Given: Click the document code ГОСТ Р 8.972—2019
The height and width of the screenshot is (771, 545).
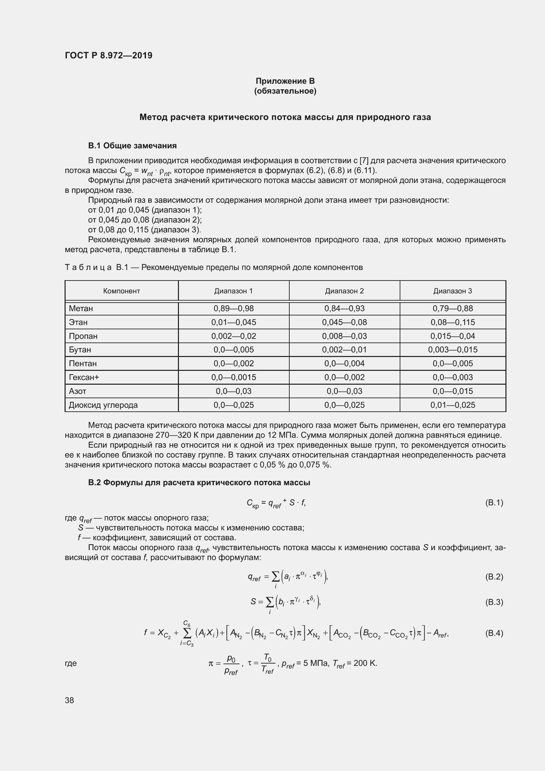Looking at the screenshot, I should [x=108, y=55].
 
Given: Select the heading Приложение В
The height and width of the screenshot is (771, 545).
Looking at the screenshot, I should [x=285, y=81].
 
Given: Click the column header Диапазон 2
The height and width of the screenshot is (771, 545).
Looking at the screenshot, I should [x=344, y=291].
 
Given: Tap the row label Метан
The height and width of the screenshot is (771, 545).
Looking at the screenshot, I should [x=81, y=308].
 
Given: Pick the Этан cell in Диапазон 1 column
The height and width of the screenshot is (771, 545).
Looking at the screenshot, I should [x=234, y=322].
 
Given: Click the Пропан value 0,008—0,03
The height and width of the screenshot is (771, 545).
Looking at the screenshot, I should [x=344, y=336].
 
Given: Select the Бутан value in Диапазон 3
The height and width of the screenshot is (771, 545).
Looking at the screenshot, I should [x=452, y=349].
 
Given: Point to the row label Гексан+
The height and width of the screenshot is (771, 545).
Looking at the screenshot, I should [x=84, y=377].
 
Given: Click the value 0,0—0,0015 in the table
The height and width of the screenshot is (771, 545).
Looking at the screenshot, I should [x=234, y=377].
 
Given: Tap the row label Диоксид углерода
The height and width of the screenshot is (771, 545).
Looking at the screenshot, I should [x=103, y=405].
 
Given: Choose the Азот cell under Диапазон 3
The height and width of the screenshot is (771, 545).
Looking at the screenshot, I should [x=452, y=391].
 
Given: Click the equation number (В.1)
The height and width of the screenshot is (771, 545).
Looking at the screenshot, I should [x=494, y=503].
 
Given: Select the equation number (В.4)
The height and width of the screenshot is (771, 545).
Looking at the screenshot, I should [x=494, y=633].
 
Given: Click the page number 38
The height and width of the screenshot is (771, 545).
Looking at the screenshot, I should [x=70, y=700].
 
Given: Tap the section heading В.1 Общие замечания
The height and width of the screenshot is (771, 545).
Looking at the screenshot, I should [x=132, y=145].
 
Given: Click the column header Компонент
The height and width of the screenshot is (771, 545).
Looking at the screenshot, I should [x=121, y=291].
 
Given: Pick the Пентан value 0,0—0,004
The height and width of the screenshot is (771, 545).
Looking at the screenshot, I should [x=344, y=363].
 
